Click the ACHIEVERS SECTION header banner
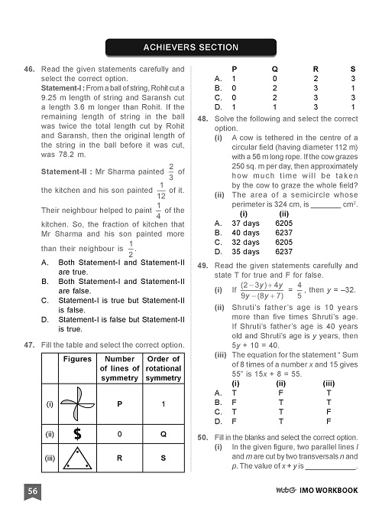(191, 47)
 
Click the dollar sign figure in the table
(77, 434)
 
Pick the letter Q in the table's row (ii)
(162, 434)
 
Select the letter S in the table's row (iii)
(162, 459)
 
